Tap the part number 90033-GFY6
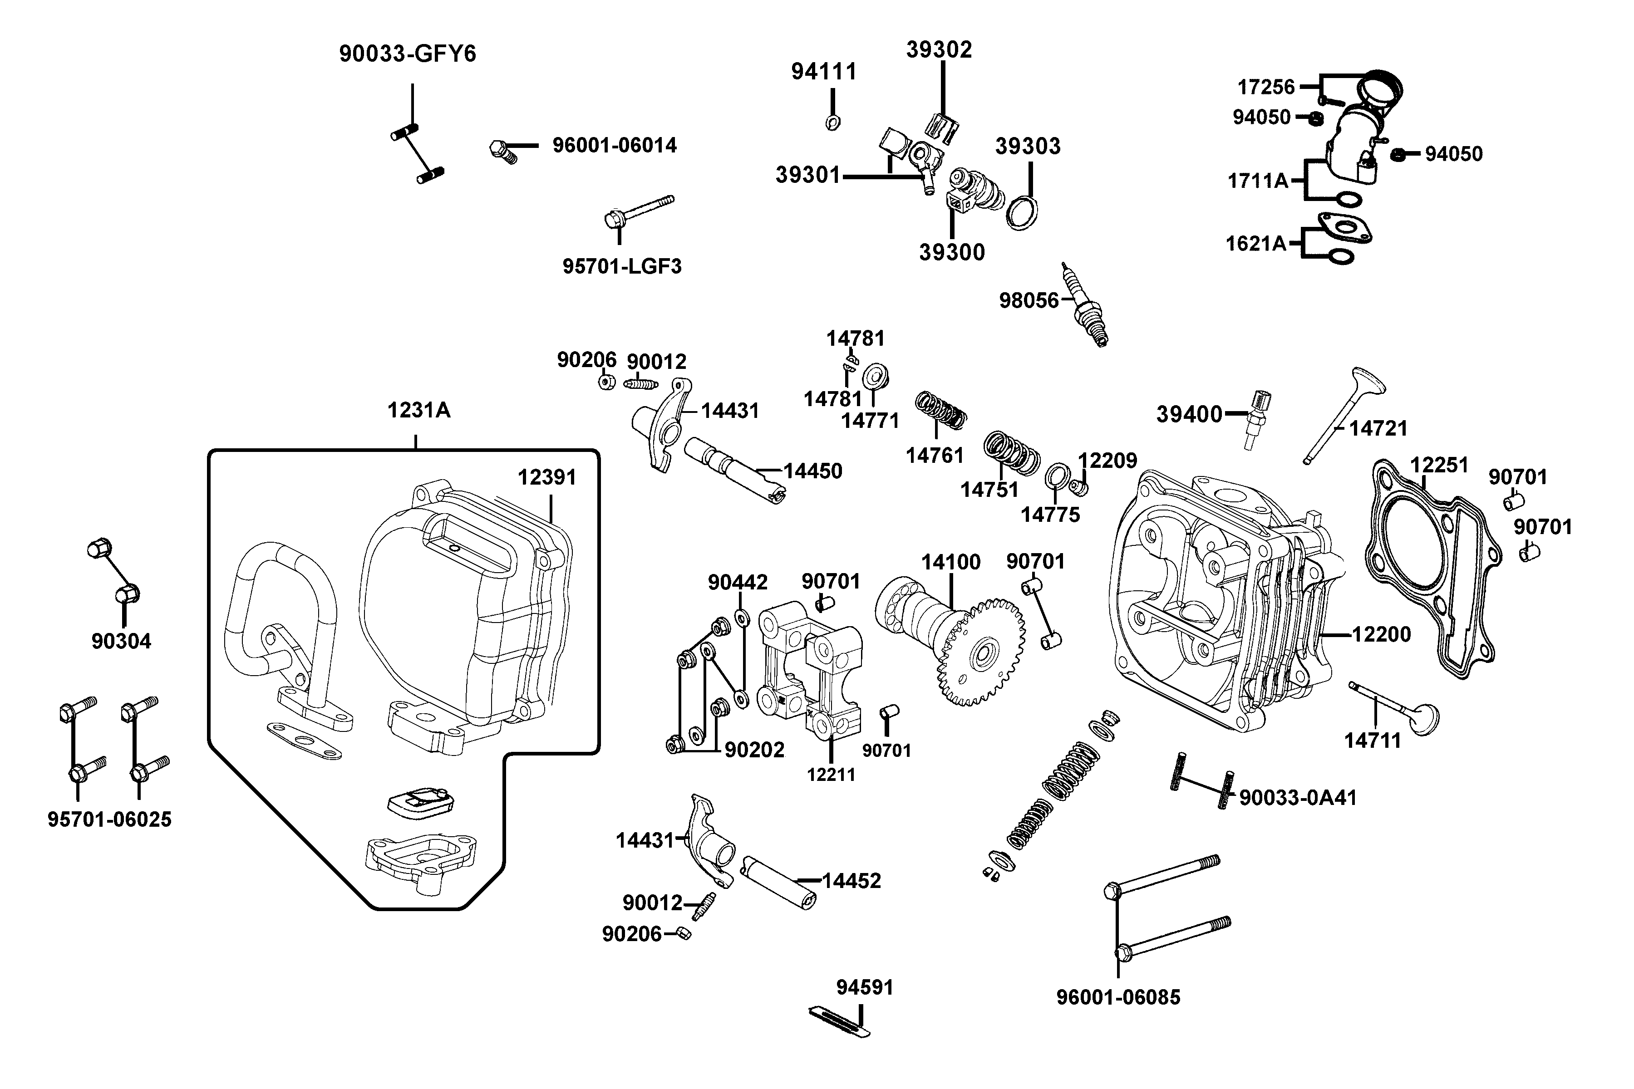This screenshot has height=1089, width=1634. tap(408, 54)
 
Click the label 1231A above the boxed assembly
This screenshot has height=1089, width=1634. tap(419, 411)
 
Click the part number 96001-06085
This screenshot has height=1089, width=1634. tap(1118, 997)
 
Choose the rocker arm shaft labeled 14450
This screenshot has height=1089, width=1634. tap(735, 470)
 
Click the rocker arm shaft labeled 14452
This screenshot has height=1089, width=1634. tap(778, 883)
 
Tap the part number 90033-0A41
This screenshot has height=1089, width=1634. tap(1298, 798)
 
